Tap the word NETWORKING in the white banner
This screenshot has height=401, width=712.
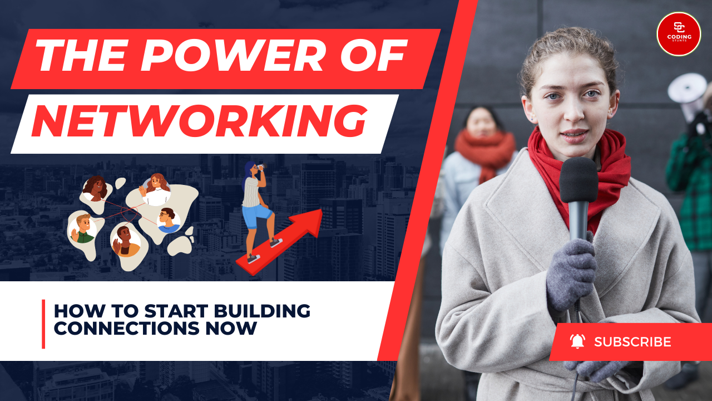point(200,121)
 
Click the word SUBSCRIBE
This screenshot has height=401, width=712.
point(632,342)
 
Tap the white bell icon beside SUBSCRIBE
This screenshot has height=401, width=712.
point(577,341)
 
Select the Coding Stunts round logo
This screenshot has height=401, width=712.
point(679,34)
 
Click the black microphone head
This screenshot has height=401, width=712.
point(578,180)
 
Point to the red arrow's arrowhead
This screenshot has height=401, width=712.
point(308,222)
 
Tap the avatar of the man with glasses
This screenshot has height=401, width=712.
point(169,220)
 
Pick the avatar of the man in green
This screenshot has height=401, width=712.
point(82,228)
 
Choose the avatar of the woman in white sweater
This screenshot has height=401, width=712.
point(156,190)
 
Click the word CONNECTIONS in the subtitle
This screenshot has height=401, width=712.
point(126,328)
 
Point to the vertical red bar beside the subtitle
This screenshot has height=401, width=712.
point(43,324)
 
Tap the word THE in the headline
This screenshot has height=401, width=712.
point(81,56)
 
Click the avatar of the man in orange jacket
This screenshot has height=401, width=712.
point(126,242)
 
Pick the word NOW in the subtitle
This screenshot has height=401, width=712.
point(231,328)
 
